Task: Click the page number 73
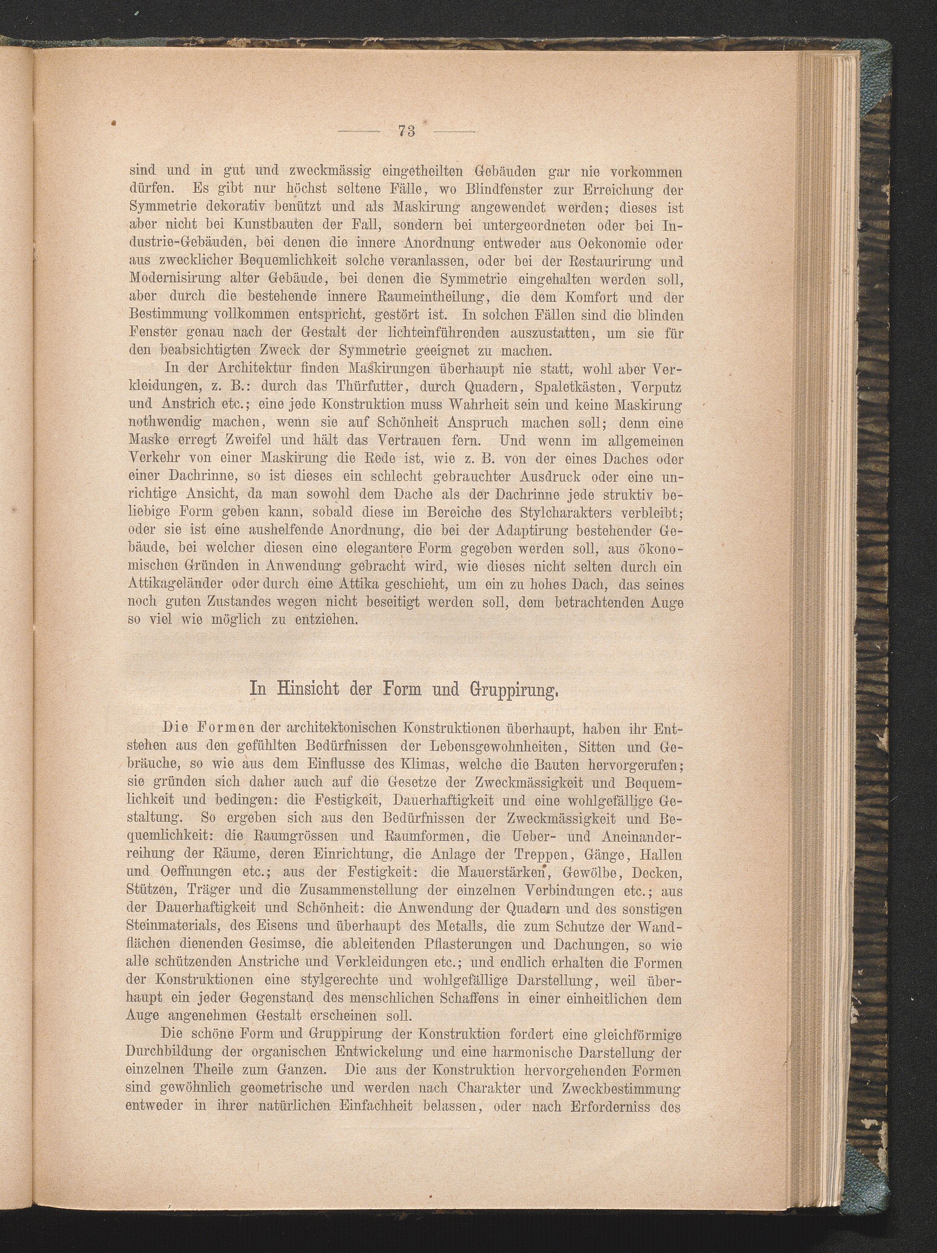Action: (406, 131)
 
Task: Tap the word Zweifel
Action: (223, 440)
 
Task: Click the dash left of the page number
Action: (359, 132)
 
